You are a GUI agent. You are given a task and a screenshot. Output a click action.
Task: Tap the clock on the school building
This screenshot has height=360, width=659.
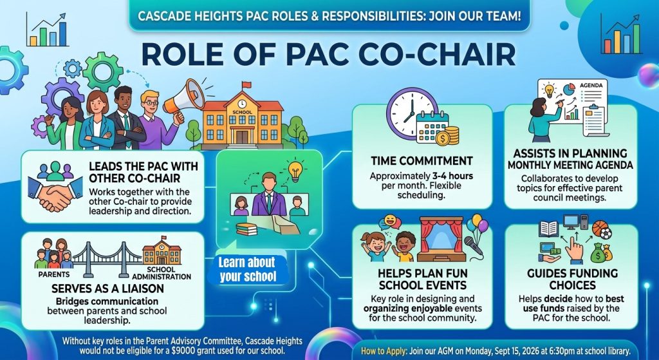tap(242, 104)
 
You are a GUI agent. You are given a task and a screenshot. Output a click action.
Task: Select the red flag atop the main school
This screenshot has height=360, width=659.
tap(246, 84)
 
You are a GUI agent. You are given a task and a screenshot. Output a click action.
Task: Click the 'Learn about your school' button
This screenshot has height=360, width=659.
tap(248, 269)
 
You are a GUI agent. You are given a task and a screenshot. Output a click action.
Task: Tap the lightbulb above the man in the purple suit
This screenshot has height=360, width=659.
tap(295, 171)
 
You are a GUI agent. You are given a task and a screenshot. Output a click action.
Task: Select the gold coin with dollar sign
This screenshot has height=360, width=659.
tap(443, 138)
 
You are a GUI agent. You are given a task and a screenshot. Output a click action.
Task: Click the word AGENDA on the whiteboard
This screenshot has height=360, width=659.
tap(591, 85)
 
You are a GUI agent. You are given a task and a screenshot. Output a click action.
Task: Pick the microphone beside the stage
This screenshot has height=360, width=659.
tap(472, 246)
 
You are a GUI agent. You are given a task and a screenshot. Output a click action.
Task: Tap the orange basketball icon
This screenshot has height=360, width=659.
tap(600, 229)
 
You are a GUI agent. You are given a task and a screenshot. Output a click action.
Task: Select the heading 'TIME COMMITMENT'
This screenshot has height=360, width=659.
tap(422, 161)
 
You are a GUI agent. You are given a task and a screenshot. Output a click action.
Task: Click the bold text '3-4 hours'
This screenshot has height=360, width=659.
tap(453, 176)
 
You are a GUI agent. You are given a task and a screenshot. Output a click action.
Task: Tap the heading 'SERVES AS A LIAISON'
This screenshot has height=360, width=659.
tap(107, 289)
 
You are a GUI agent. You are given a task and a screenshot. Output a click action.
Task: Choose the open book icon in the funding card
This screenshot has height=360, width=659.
tap(548, 229)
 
